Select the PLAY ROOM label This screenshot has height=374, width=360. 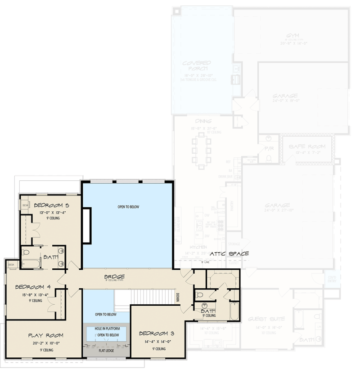coord(45,335)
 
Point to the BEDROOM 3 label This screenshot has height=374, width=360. coord(156,334)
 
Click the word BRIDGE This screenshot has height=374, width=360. coord(114,276)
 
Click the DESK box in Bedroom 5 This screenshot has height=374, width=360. coord(25,205)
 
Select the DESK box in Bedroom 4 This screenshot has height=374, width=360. coord(11,265)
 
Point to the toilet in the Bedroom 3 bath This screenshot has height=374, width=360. coord(200,295)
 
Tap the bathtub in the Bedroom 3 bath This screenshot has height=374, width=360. coord(234,311)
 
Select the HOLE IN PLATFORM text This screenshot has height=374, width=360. coord(107,329)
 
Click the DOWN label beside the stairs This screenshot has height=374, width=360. coord(178,297)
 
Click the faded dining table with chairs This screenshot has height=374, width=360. coord(201,149)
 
